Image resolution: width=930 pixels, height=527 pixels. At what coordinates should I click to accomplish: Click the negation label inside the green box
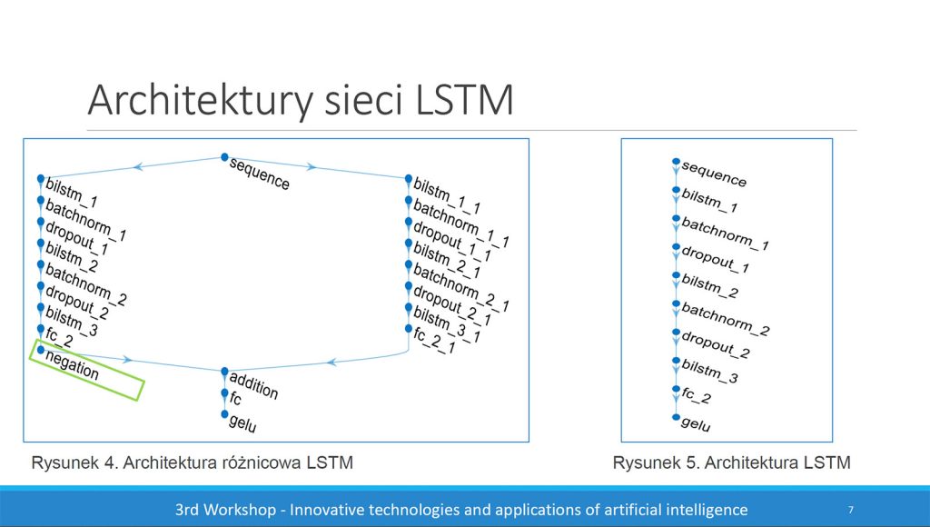tap(72, 365)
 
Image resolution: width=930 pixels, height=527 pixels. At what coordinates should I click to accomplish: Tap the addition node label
tap(253, 386)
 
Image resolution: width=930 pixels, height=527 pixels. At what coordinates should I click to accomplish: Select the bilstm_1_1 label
tap(447, 195)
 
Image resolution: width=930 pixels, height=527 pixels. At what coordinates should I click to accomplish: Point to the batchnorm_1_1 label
tap(460, 224)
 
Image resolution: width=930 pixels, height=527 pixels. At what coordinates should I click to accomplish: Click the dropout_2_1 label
tap(452, 305)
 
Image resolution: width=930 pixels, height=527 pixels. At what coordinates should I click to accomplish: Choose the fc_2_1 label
tap(434, 341)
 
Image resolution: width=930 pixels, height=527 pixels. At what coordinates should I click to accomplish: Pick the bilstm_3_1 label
tap(447, 324)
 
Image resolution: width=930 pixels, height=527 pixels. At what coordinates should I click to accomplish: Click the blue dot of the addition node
tap(225, 372)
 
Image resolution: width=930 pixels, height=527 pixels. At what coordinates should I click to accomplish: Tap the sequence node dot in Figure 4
tap(224, 157)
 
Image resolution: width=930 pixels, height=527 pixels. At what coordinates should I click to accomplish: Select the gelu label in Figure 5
tap(696, 424)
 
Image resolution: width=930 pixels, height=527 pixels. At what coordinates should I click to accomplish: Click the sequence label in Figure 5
tap(714, 174)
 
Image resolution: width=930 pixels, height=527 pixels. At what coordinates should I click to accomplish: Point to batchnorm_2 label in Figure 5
tap(726, 319)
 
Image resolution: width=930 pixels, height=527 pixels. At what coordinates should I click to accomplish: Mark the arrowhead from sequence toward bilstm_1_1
tap(311, 167)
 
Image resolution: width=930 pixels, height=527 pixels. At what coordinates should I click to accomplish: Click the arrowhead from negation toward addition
tap(126, 359)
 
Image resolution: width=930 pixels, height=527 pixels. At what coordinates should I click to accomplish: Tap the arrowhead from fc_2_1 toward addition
tap(332, 362)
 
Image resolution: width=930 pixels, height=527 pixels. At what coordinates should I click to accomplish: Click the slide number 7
tap(850, 509)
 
